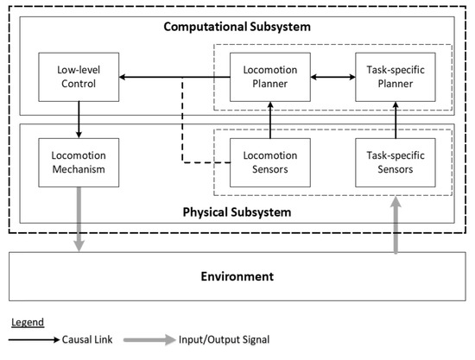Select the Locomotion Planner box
coord(269,77)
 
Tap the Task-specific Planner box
coord(394,77)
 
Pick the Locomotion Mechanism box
coord(79,162)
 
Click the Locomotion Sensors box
coord(269,162)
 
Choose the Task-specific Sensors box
coord(394,162)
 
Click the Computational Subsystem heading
coord(237,28)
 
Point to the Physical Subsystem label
coord(237,211)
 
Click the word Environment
coord(237,276)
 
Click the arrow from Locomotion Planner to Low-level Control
coord(173,77)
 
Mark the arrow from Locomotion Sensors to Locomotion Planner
coord(269,119)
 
